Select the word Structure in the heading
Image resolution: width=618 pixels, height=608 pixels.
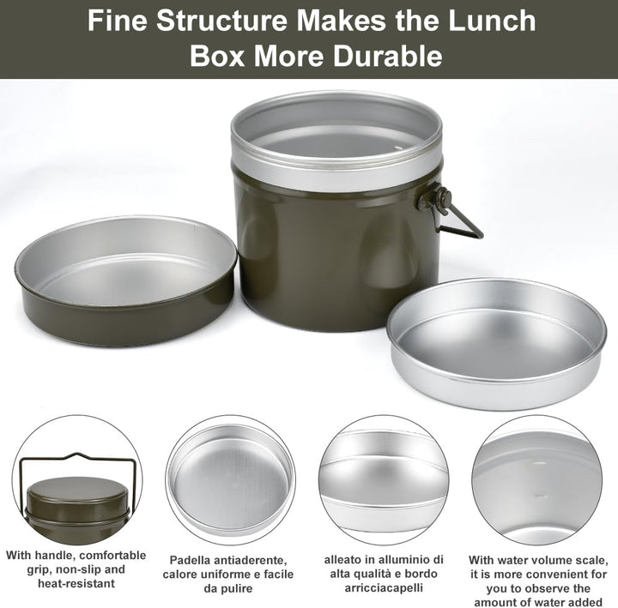[x=222, y=21]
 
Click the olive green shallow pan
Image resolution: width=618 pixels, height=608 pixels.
[x=125, y=280]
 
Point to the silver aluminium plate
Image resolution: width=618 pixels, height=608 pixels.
[x=496, y=343]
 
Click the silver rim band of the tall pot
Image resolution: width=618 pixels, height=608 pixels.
[x=336, y=173]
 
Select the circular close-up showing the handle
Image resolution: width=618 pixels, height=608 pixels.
[x=77, y=479]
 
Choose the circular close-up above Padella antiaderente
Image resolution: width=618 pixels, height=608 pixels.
[x=230, y=479]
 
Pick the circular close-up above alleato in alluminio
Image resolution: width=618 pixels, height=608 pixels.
[x=383, y=479]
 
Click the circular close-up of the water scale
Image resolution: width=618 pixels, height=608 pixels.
[x=536, y=479]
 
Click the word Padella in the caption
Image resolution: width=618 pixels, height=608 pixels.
[x=187, y=560]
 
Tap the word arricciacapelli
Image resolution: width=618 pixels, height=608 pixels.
[x=384, y=588]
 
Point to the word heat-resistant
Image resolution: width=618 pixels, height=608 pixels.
[x=76, y=583]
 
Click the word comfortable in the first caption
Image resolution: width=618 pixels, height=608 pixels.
[x=112, y=555]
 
